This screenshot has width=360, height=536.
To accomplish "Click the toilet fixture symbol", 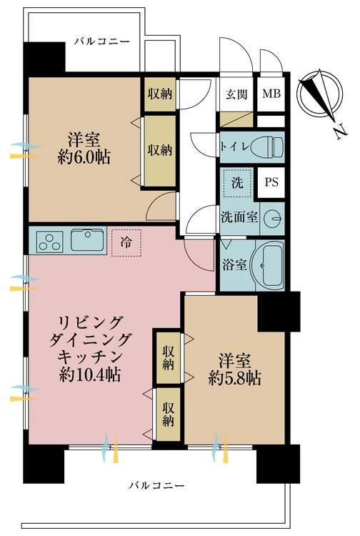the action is coord(267,147).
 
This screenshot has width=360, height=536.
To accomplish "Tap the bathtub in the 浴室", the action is coord(267,265).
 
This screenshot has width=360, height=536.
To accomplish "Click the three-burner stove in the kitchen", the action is coord(51,242).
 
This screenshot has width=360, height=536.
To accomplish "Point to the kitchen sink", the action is coord(87,240).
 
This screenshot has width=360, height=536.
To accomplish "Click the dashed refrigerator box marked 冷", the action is coord(126,243).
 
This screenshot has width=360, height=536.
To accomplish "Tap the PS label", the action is coord(272,182).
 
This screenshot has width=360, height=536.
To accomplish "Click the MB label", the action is coord(271,94).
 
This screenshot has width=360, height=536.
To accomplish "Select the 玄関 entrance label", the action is coord(236,94).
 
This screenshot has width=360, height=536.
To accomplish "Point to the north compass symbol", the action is coord(320,94).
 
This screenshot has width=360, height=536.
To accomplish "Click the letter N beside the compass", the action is coord(340,131).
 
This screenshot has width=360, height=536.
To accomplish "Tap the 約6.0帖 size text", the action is coord(84,158).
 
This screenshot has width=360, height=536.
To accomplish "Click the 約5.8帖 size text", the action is coord(235,378).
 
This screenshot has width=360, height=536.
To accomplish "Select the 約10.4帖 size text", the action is coord(90,374).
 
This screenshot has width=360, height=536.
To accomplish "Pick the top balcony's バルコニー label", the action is coord(102,41).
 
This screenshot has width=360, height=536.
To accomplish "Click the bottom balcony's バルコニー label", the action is coord(156,485).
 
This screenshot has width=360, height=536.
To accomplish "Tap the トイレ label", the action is coord(235,147).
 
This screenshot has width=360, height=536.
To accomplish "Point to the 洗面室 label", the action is coord(239,217).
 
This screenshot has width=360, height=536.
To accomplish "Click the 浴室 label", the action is coord(235,264).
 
